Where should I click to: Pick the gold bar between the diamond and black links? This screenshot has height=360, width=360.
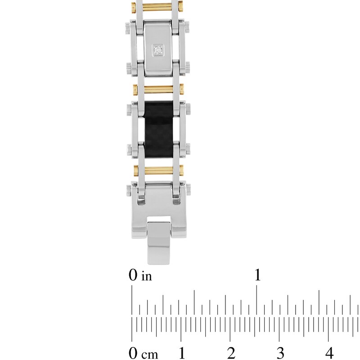(x=157, y=89)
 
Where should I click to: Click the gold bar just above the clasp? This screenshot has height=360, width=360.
(x=157, y=171)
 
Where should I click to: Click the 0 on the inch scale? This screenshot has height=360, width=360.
(x=132, y=275)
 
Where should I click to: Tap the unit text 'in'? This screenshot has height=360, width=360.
(x=146, y=276)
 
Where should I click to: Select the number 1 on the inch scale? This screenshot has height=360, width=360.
(x=257, y=275)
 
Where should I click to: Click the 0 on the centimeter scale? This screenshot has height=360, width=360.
(x=132, y=352)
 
